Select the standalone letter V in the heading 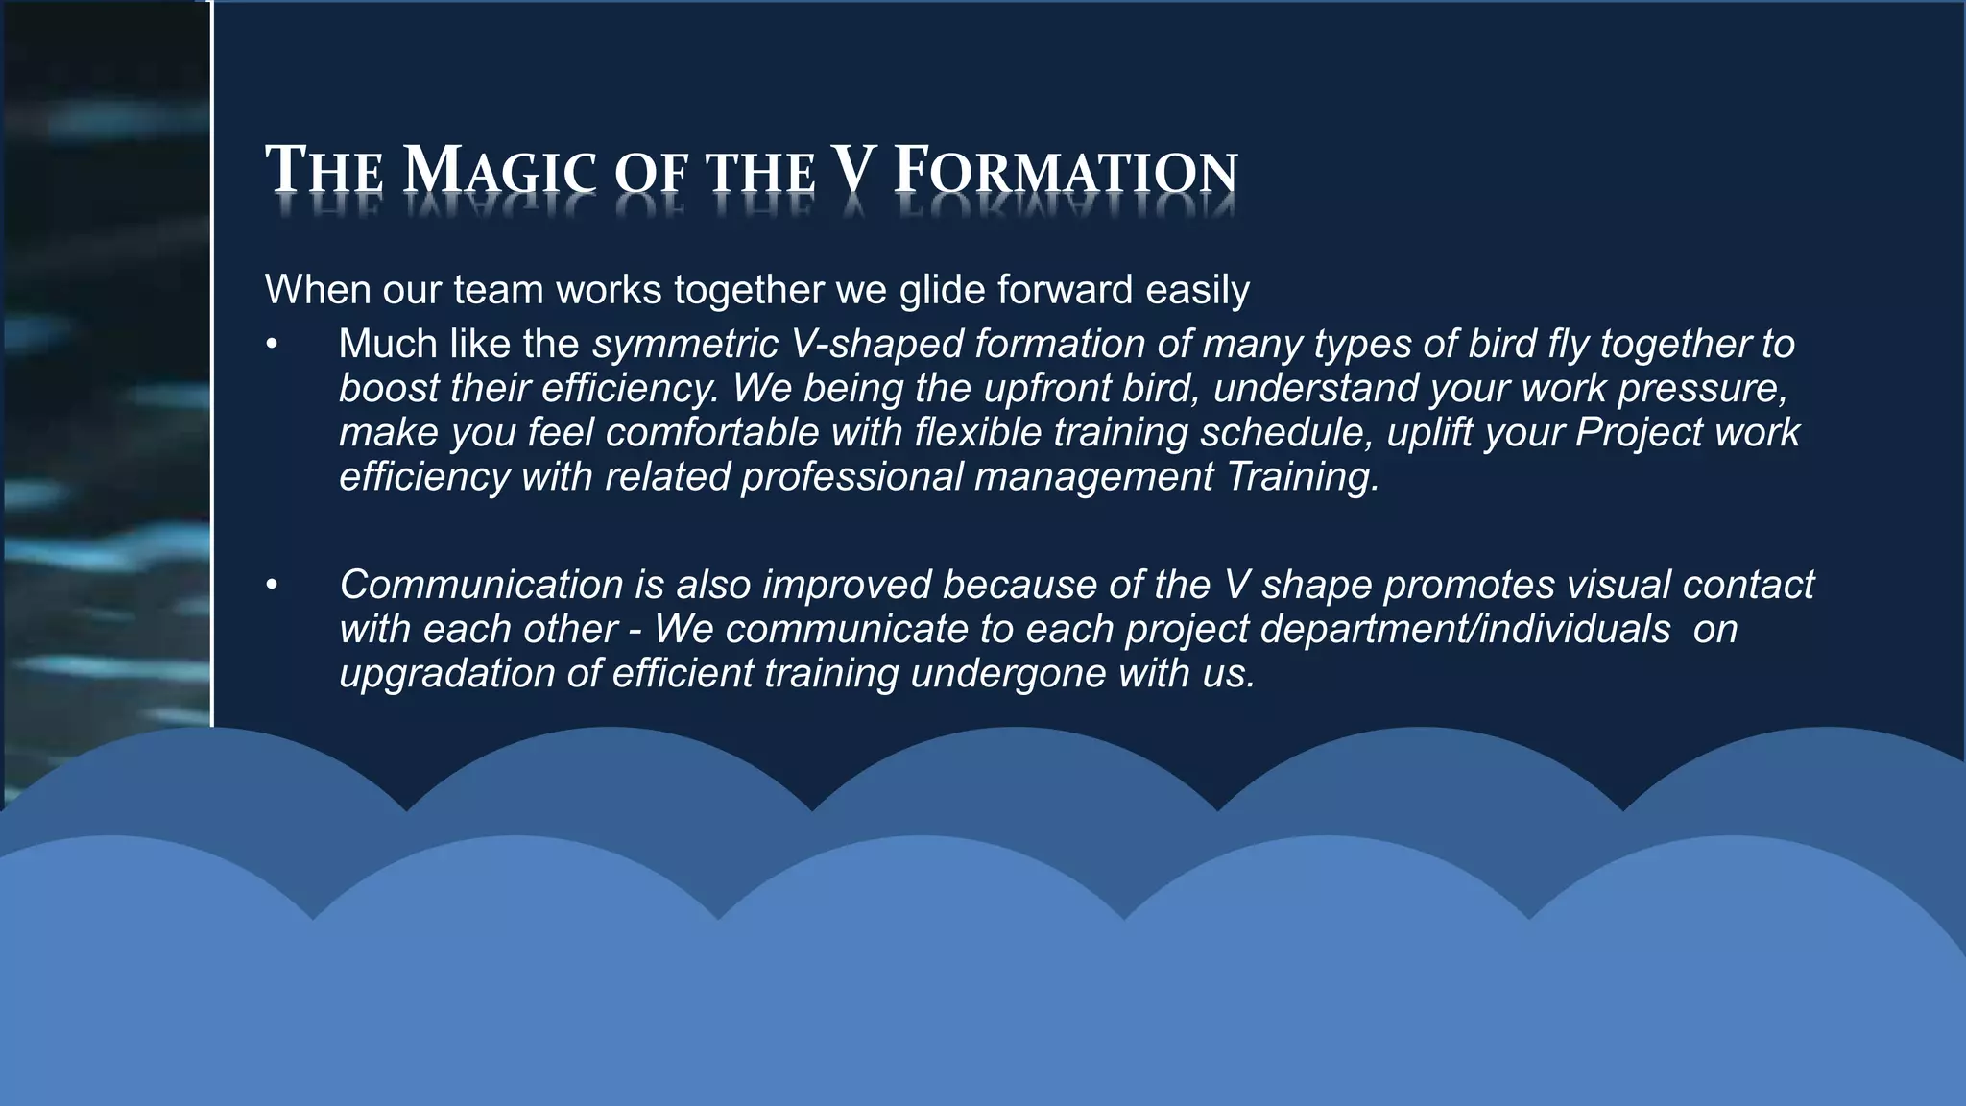pyautogui.click(x=853, y=170)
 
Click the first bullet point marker pyautogui.click(x=273, y=345)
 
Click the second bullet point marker pyautogui.click(x=273, y=585)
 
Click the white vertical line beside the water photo pyautogui.click(x=211, y=384)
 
